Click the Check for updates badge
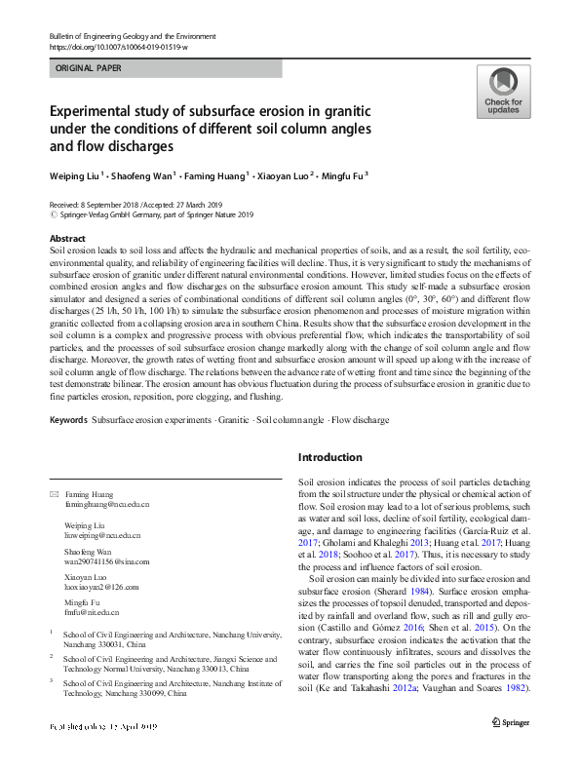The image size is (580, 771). (503, 93)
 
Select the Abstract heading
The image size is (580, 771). (66, 239)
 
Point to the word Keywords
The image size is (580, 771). (68, 420)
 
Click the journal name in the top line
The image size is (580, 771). (132, 36)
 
